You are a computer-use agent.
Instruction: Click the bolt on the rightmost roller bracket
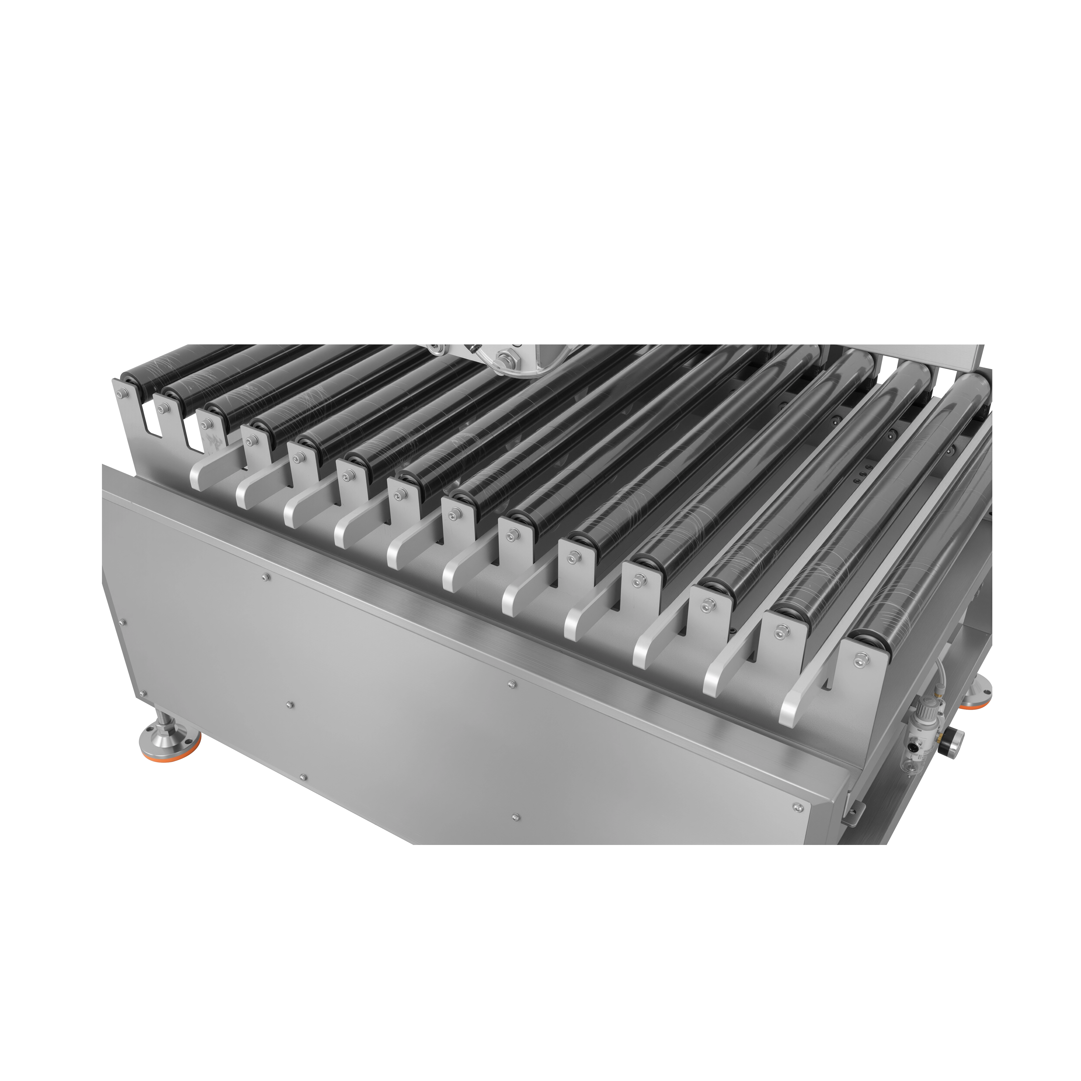(858, 662)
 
